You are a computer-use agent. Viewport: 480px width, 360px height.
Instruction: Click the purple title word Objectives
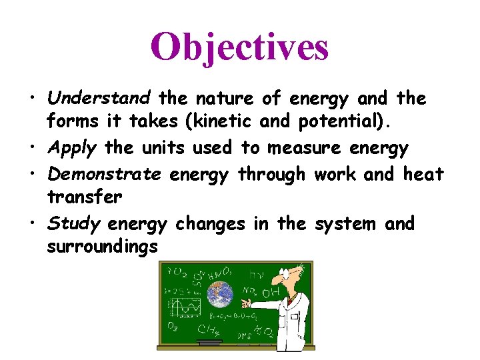pyautogui.click(x=239, y=47)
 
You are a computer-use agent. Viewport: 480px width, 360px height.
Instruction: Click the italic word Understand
pyautogui.click(x=99, y=99)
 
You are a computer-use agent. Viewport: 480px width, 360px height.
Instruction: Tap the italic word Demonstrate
pyautogui.click(x=105, y=174)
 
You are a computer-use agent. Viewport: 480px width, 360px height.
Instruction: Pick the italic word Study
pyautogui.click(x=73, y=223)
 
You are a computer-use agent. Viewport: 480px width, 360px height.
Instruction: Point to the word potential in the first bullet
pyautogui.click(x=350, y=124)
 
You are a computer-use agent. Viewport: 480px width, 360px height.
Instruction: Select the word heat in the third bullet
pyautogui.click(x=423, y=174)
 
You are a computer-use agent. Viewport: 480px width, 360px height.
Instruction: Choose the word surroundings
pyautogui.click(x=103, y=247)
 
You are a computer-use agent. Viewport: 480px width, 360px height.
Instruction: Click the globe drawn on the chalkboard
pyautogui.click(x=219, y=293)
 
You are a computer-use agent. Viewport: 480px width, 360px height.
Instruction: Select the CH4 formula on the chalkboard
pyautogui.click(x=207, y=329)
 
